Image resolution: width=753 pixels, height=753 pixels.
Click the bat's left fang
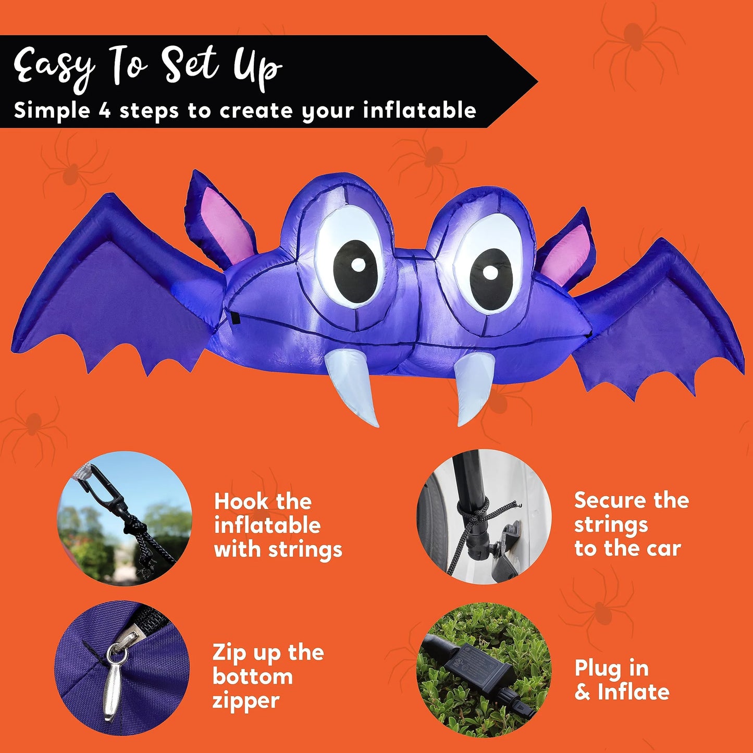click(x=352, y=385)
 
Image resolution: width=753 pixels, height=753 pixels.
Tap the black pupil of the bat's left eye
click(x=356, y=272)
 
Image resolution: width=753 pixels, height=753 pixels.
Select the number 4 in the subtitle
click(x=104, y=111)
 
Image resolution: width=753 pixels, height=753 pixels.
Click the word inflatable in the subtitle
click(x=419, y=110)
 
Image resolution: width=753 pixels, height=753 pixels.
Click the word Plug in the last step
click(x=596, y=669)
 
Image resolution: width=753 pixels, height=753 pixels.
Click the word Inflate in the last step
click(x=634, y=692)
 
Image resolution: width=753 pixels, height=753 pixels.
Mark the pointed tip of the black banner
click(x=537, y=82)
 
